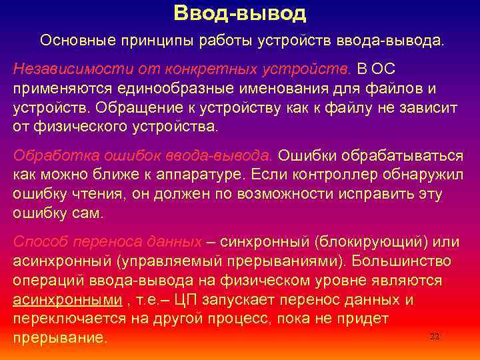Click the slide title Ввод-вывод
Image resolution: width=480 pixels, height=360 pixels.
(x=239, y=13)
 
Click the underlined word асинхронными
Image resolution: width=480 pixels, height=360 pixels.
(x=67, y=299)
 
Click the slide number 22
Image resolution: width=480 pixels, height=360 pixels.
(x=435, y=337)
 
